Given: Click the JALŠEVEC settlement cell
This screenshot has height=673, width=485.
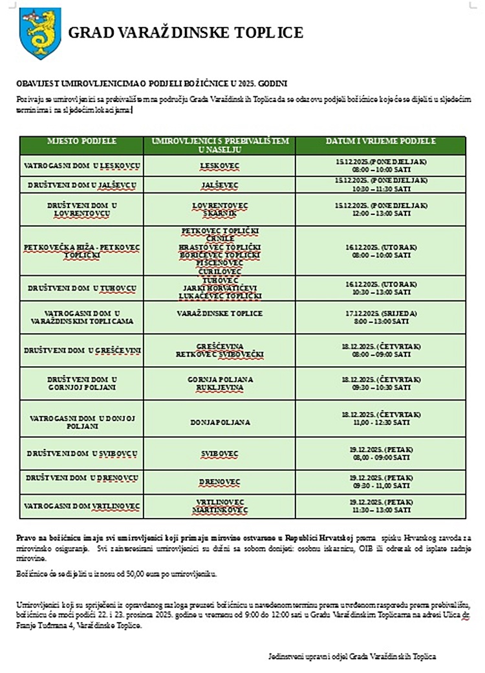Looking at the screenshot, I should [x=220, y=185].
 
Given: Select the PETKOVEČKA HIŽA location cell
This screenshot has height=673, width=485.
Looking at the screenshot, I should [x=82, y=251].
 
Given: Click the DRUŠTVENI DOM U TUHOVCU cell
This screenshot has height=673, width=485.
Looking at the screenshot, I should [x=82, y=289].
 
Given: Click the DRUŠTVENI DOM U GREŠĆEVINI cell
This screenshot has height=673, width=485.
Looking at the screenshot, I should [x=82, y=351].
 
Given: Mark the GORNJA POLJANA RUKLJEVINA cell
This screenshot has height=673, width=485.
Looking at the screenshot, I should [x=220, y=383].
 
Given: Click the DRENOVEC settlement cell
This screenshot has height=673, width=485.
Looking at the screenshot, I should [x=220, y=482].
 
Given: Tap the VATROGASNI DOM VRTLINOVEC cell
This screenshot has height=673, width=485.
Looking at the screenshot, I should [x=82, y=505].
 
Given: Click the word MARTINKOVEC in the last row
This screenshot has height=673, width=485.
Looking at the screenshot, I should [x=220, y=510].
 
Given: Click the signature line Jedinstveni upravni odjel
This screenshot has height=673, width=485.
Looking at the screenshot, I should [x=352, y=656].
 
